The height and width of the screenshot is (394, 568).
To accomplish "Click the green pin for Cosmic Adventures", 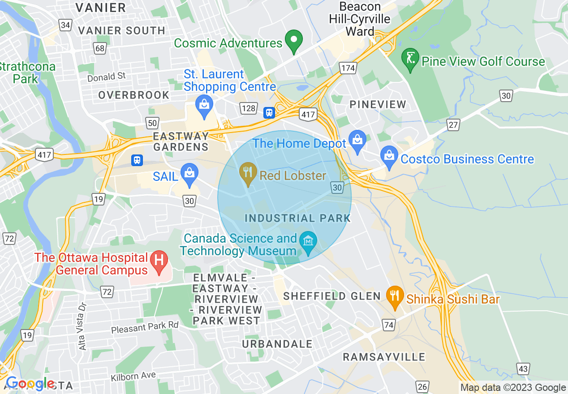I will tap(294, 41).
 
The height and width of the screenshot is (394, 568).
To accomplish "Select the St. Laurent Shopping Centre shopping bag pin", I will tap(204, 107).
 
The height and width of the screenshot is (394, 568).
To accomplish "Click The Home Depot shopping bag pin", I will tap(357, 141).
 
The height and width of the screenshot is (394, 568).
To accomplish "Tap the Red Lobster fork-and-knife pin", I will tap(247, 174).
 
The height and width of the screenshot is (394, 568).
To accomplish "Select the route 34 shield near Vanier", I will tap(65, 25).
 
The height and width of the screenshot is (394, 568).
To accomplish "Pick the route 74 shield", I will tap(388, 325).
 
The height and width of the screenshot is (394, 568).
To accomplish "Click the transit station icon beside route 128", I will tap(269, 112).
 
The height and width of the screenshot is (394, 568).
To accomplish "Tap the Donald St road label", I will tap(107, 77).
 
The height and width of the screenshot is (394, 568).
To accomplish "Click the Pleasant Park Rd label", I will tap(144, 328).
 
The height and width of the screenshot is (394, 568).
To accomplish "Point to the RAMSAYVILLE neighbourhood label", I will tap(384, 357).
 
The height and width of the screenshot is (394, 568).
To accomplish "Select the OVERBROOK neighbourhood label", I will tap(133, 95).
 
